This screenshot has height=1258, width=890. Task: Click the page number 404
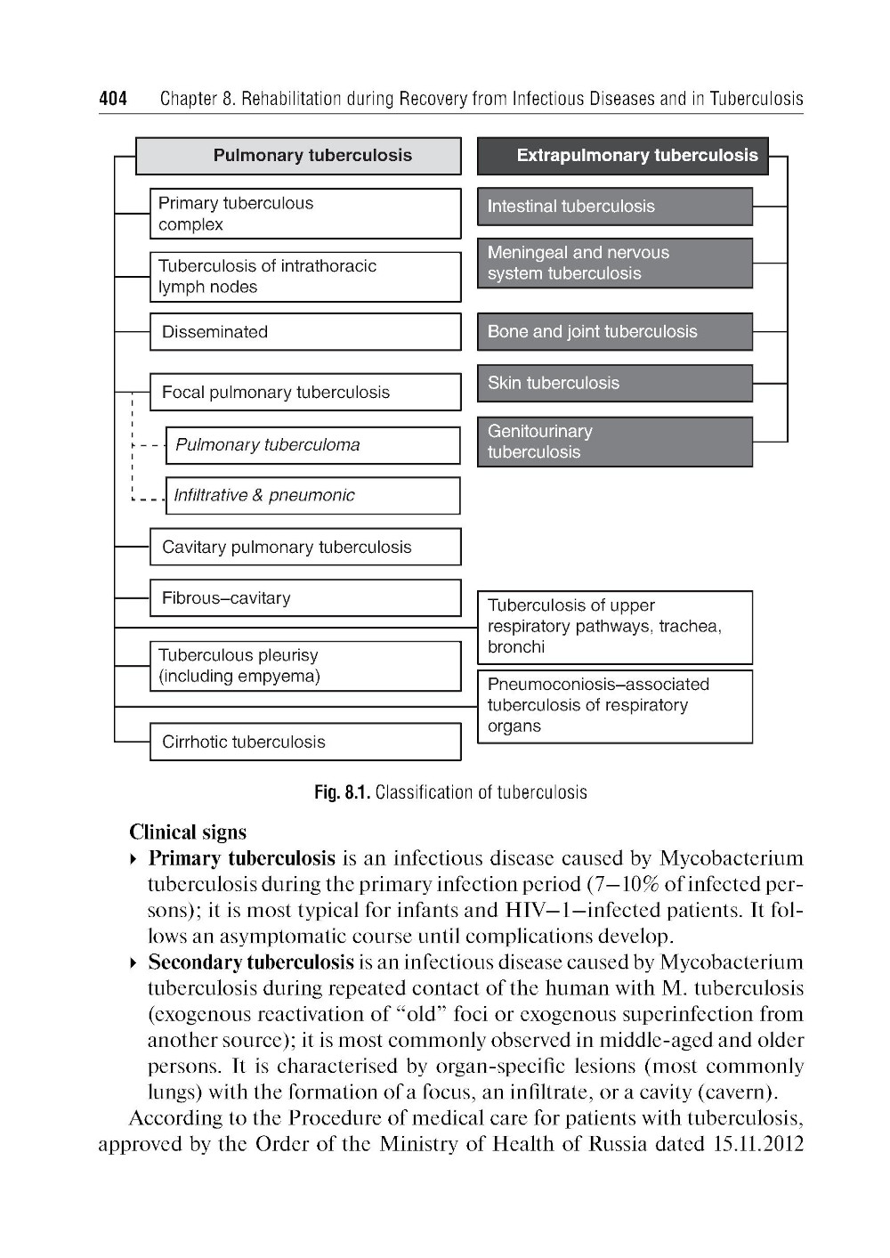tap(113, 98)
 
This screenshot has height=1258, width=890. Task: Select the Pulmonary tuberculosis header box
tap(298, 156)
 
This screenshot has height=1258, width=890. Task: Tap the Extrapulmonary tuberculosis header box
tap(622, 156)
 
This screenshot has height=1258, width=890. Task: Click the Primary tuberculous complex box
tap(305, 214)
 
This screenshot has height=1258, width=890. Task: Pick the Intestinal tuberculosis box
tap(614, 207)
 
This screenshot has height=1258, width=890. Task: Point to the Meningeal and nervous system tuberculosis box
tap(614, 264)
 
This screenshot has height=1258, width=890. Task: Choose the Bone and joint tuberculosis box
tap(614, 332)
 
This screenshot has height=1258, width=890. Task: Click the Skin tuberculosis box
tap(614, 384)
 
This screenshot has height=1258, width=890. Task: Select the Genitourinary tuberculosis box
tap(614, 442)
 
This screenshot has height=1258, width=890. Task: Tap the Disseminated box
tap(305, 332)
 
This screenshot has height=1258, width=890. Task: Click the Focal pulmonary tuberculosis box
tap(305, 393)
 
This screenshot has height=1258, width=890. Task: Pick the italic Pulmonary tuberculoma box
tap(312, 445)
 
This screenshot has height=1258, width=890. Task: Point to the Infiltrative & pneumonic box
tap(312, 496)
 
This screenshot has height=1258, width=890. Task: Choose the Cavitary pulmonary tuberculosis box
tap(305, 548)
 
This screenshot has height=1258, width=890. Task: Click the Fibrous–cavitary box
tap(305, 598)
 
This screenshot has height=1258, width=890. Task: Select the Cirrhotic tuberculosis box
tap(305, 742)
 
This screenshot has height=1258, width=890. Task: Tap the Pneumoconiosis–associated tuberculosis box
tap(614, 706)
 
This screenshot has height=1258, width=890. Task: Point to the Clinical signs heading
tap(188, 832)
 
